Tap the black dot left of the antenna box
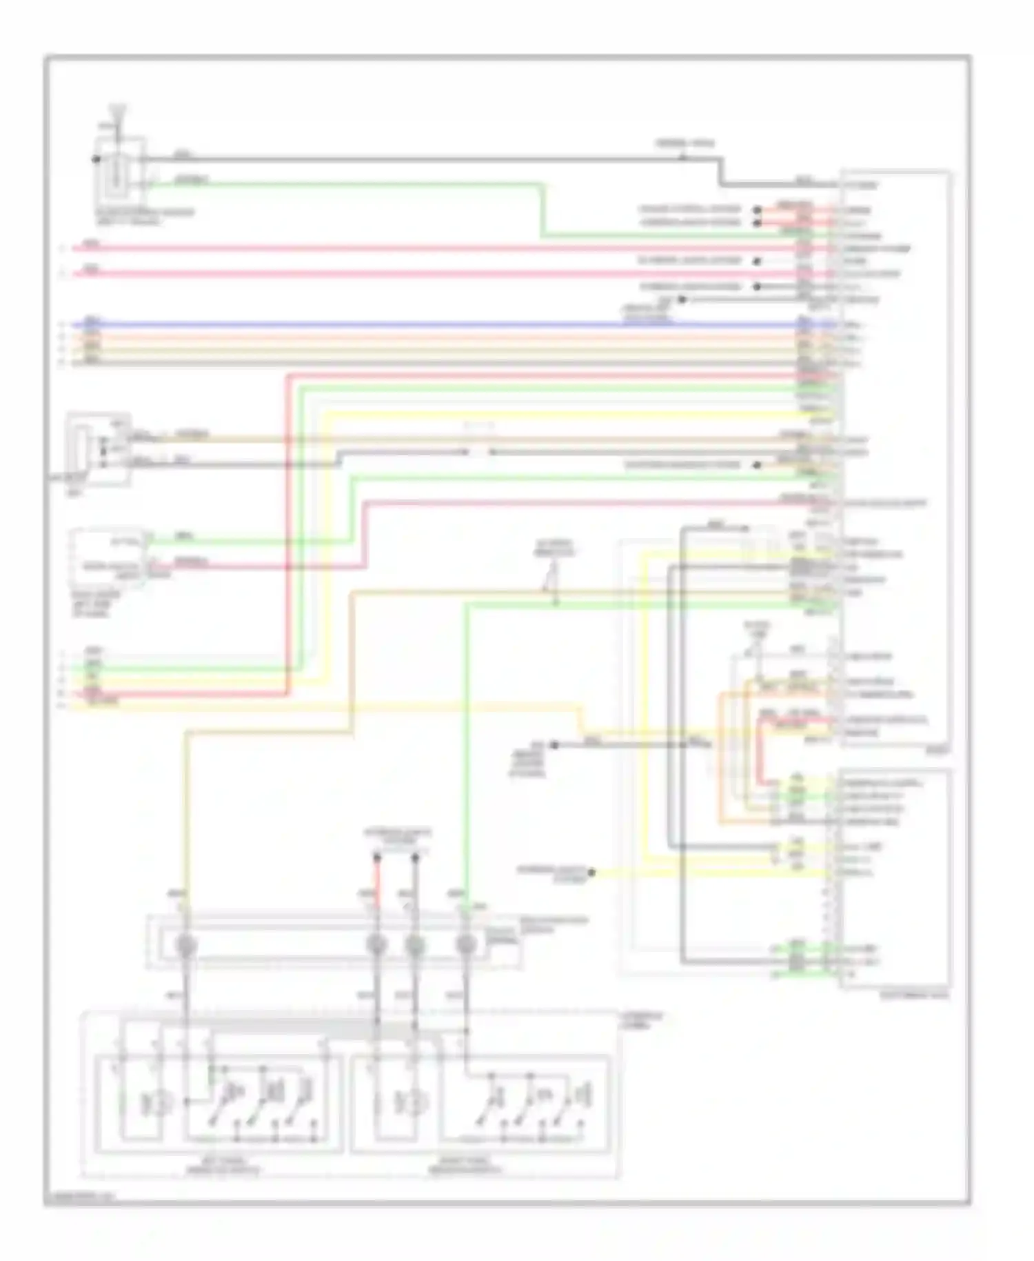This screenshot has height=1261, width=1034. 95,159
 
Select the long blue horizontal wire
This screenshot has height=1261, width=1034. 414,324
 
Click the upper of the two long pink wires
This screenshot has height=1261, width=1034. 414,248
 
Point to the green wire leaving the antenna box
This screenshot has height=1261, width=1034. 345,185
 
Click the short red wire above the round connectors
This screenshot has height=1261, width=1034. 377,883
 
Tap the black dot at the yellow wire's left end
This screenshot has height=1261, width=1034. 591,873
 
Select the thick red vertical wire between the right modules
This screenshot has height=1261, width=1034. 760,752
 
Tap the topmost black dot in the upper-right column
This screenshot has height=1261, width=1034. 757,210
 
